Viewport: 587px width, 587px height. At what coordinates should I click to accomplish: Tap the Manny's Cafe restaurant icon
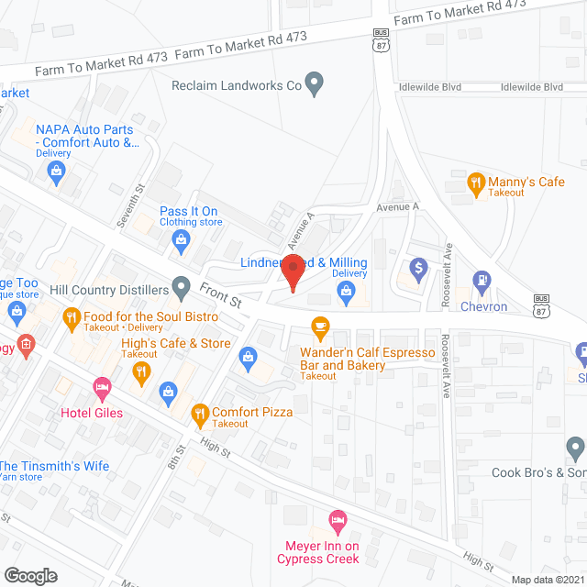pyautogui.click(x=475, y=183)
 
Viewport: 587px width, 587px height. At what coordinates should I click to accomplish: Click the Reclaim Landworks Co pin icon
pyautogui.click(x=315, y=85)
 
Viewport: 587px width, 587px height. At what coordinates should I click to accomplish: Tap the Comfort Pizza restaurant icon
pyautogui.click(x=199, y=413)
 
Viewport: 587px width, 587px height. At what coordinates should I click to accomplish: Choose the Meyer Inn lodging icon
pyautogui.click(x=338, y=521)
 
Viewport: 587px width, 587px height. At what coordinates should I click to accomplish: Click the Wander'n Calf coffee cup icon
pyautogui.click(x=320, y=327)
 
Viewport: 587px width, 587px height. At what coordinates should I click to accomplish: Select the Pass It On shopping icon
pyautogui.click(x=182, y=240)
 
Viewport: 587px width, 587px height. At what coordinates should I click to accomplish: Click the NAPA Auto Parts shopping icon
pyautogui.click(x=57, y=171)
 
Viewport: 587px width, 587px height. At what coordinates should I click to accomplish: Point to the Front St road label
pyautogui.click(x=220, y=294)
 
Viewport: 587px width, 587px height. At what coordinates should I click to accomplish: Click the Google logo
pyautogui.click(x=30, y=575)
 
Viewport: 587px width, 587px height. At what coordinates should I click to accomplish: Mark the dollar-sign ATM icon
pyautogui.click(x=418, y=269)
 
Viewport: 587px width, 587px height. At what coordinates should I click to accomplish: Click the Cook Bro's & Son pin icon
pyautogui.click(x=575, y=448)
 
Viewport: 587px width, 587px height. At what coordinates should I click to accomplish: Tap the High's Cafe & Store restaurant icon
pyautogui.click(x=141, y=371)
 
